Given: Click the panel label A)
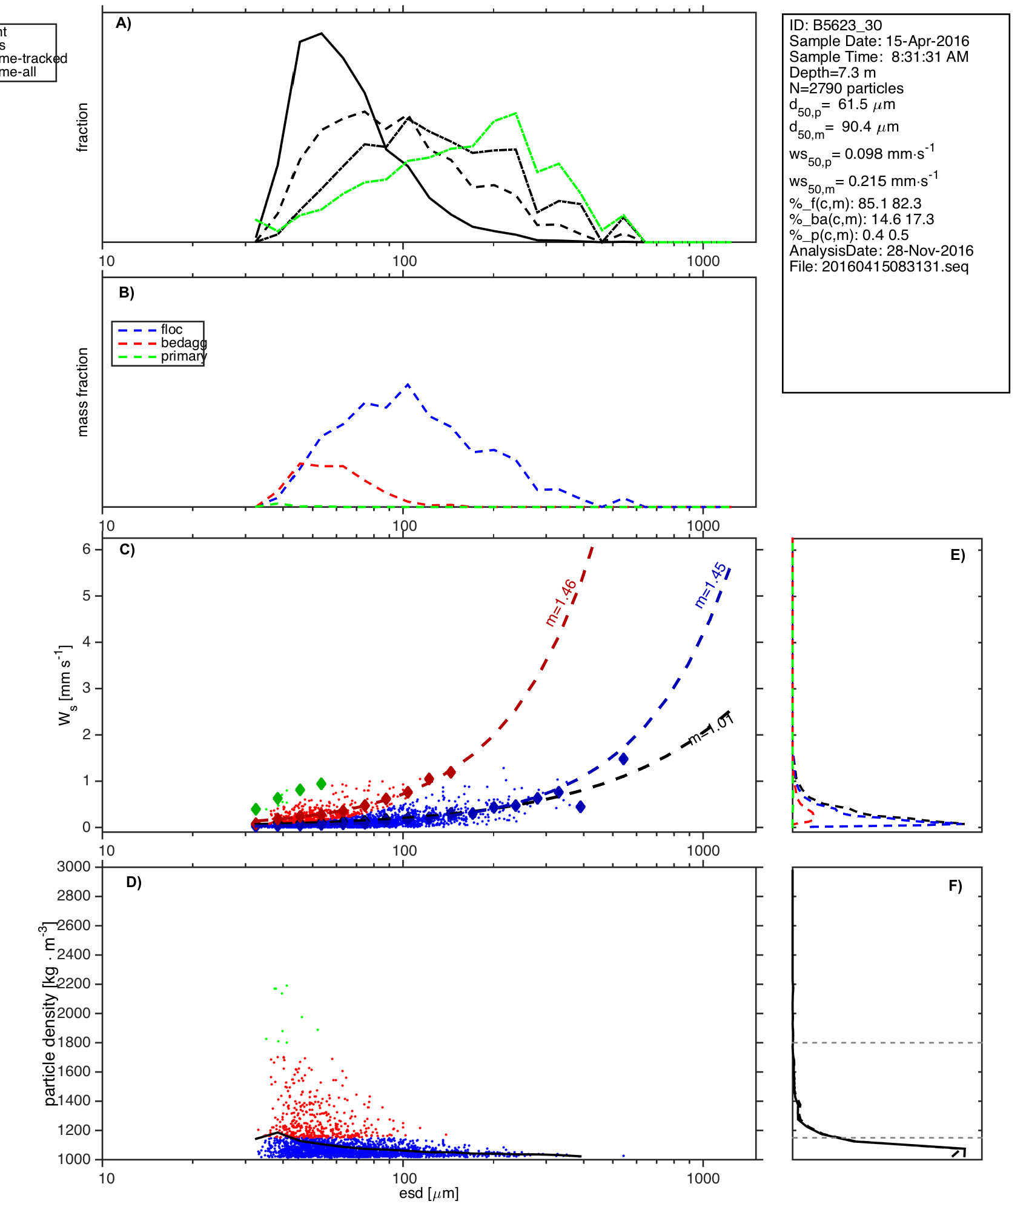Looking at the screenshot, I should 124,24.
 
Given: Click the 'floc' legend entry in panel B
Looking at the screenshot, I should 171,330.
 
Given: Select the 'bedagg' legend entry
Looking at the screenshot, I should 184,343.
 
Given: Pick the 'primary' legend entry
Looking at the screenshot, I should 184,356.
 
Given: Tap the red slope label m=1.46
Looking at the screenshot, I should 561,602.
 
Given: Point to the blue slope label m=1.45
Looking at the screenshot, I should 710,585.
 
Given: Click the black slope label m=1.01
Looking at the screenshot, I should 712,730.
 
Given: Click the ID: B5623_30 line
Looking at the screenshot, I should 835,25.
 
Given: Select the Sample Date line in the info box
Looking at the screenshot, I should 879,41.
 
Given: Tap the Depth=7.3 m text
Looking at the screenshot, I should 832,73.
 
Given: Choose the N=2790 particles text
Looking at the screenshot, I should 846,88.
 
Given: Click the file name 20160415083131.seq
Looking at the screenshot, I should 879,267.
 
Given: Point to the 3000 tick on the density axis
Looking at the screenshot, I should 74,867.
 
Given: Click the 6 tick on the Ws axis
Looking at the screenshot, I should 87,549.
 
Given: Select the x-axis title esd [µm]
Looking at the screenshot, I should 429,1194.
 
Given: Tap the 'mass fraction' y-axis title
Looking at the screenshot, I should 83,392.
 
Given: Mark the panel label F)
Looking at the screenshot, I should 955,886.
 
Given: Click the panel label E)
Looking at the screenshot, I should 958,556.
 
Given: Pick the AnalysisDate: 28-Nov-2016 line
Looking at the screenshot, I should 881,251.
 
